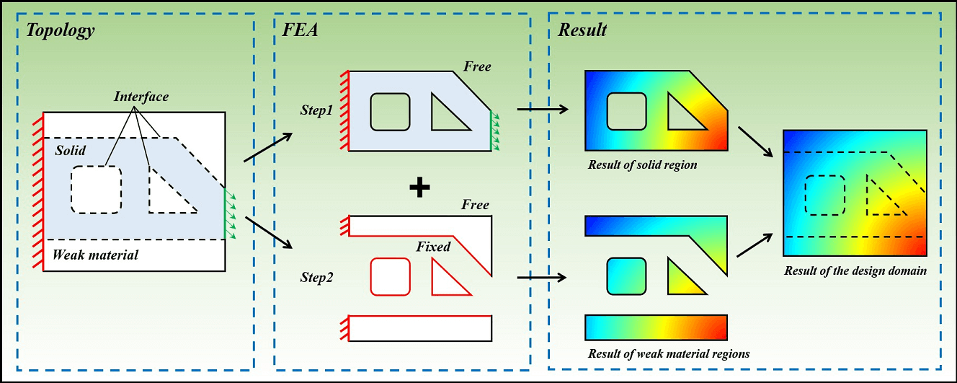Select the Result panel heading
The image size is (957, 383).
point(582,30)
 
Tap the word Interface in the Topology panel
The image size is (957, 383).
point(141,96)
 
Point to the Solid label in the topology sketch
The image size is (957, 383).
point(70,151)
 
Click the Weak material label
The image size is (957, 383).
point(95,255)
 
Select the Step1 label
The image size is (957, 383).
point(318,111)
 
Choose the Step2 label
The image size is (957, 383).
point(318,276)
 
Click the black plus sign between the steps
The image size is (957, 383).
point(419,188)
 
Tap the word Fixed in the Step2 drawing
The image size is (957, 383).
point(433,247)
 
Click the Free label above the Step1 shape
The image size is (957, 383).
point(477,67)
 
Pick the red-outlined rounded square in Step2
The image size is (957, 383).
point(390,276)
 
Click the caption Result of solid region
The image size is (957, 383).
point(642,164)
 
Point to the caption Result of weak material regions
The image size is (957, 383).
point(668,353)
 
